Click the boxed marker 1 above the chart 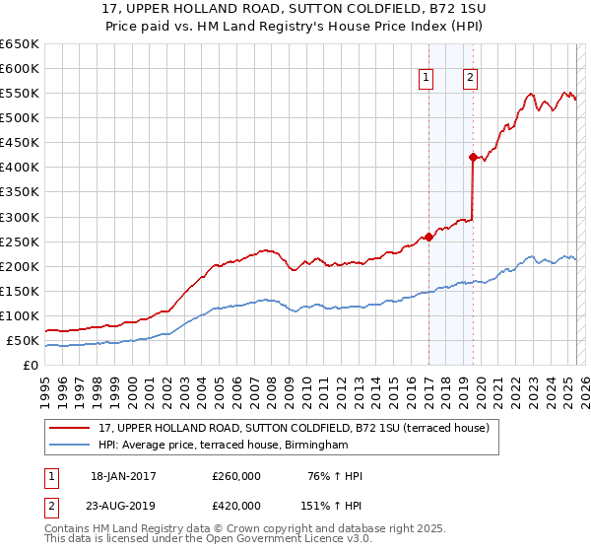pos(427,78)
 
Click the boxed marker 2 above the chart pos(471,78)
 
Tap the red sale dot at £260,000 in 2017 pos(428,237)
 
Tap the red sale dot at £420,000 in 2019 pos(473,157)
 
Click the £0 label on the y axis pos(30,366)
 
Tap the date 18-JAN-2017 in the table pos(123,476)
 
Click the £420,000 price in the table pos(236,507)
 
